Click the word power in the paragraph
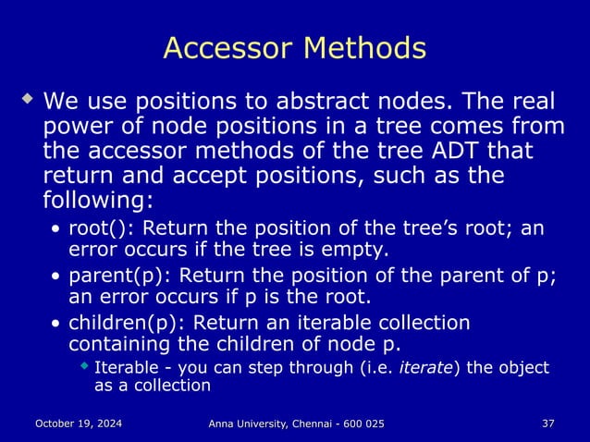click(77, 125)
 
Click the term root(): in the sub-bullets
click(99, 228)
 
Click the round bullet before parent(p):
click(58, 276)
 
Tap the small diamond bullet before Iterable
click(85, 367)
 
